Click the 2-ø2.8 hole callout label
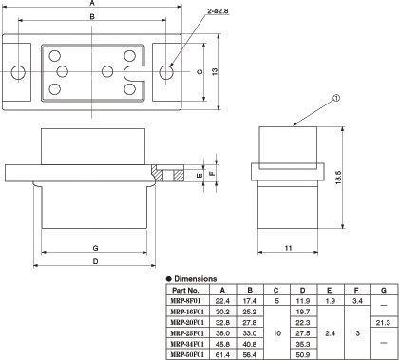pyautogui.click(x=218, y=10)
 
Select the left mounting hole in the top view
pyautogui.click(x=18, y=72)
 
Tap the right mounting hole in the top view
pyautogui.click(x=166, y=72)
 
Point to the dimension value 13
pyautogui.click(x=215, y=71)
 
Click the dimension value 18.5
pyautogui.click(x=338, y=178)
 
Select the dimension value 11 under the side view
pyautogui.click(x=288, y=248)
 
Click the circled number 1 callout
pyautogui.click(x=336, y=98)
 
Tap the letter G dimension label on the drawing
pyautogui.click(x=95, y=248)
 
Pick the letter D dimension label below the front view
pyautogui.click(x=95, y=261)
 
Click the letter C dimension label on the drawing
pyautogui.click(x=199, y=72)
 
